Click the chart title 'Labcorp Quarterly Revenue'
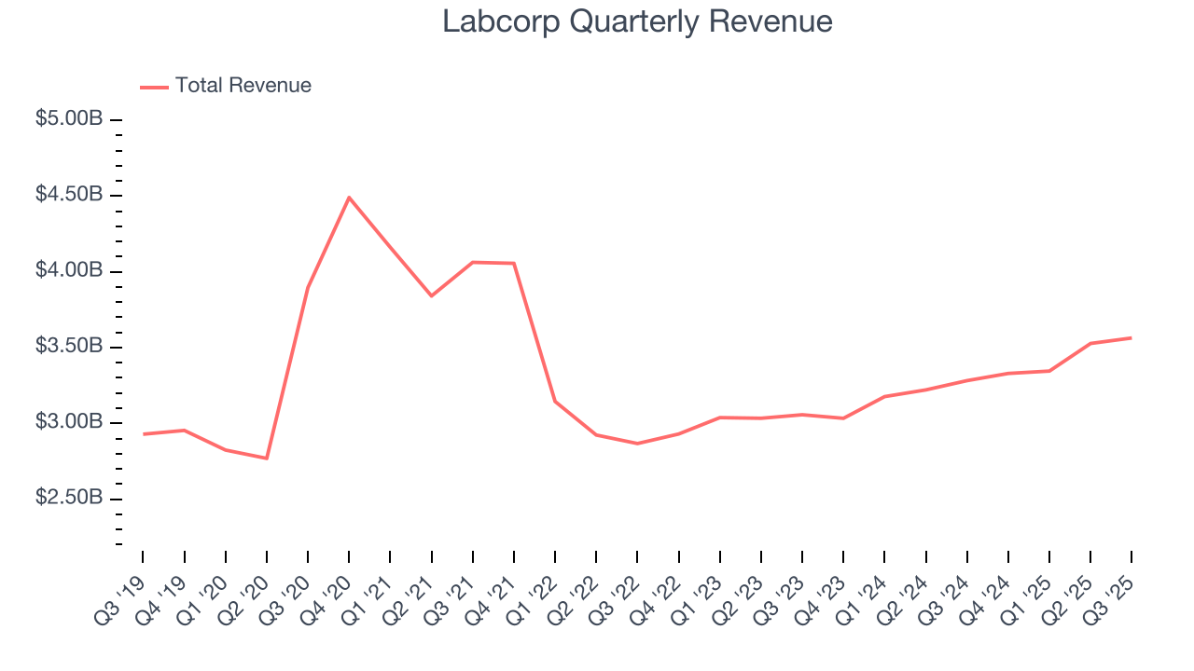click(x=637, y=21)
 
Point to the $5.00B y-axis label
click(x=69, y=120)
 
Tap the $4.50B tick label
click(x=69, y=196)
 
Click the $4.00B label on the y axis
click(x=69, y=271)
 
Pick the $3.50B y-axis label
click(x=69, y=348)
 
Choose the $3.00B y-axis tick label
click(x=69, y=423)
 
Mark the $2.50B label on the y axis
click(x=69, y=499)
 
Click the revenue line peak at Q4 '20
click(x=349, y=198)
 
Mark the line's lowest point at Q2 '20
click(x=267, y=459)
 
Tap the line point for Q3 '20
click(x=308, y=287)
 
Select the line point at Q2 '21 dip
click(x=431, y=296)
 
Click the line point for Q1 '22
click(x=555, y=402)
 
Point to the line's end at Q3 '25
click(x=1131, y=337)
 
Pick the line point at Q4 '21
click(x=514, y=264)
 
